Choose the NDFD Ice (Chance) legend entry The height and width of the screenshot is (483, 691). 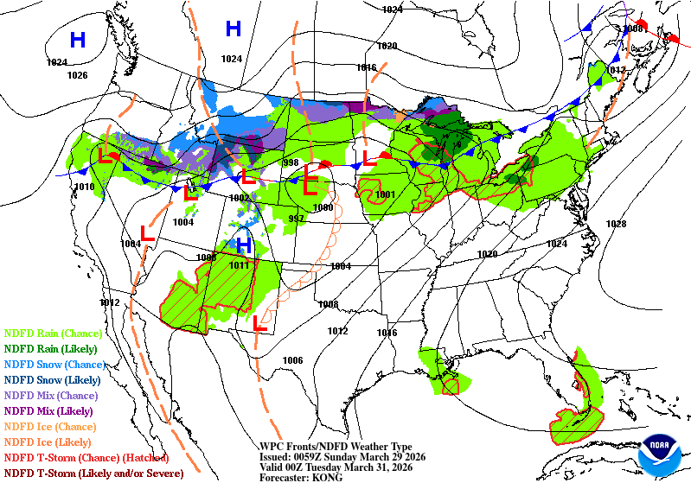(51, 426)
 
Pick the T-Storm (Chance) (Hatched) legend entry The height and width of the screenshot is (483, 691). (86, 457)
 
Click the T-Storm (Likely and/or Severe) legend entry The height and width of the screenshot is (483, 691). (93, 473)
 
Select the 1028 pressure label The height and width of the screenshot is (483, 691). (615, 224)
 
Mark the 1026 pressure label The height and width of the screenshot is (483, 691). (77, 75)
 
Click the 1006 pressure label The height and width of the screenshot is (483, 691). (293, 360)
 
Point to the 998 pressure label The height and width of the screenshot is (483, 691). (291, 162)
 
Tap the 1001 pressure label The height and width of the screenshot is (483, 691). (386, 194)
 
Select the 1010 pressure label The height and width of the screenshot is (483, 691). (85, 187)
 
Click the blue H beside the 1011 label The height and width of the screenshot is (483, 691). (244, 246)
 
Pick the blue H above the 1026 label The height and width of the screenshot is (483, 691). (78, 40)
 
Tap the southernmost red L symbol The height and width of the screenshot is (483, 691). (259, 324)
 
